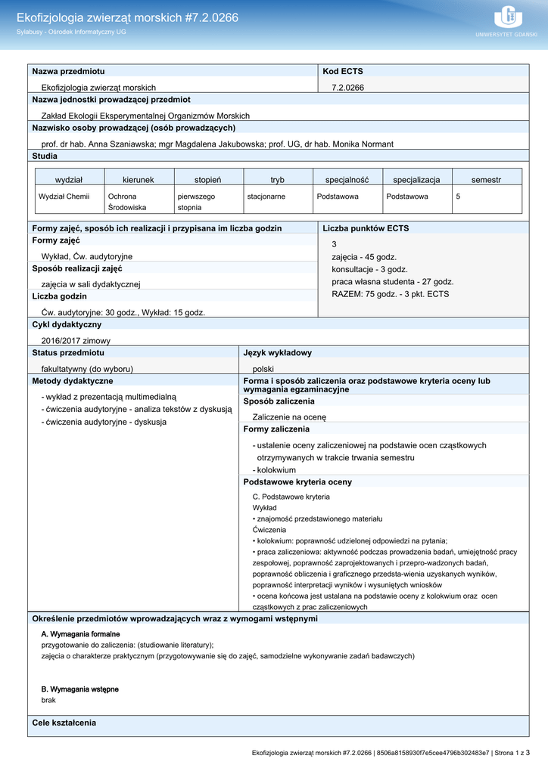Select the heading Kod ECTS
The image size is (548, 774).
point(343,71)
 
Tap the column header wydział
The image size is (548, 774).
point(69,180)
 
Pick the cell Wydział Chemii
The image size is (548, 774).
point(64,197)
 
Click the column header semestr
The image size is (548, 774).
point(486,180)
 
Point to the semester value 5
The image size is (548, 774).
point(458,197)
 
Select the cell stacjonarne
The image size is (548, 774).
point(266,197)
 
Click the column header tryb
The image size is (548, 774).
point(278,180)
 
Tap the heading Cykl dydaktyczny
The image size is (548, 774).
point(67,324)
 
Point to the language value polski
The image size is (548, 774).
point(263,369)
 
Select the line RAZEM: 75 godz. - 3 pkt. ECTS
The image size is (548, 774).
point(390,294)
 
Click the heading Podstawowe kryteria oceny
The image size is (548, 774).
point(297,481)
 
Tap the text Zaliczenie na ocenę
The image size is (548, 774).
point(289,416)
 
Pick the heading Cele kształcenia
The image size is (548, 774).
point(64,723)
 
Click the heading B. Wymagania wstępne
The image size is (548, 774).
point(79,689)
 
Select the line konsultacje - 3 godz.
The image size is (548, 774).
point(369,269)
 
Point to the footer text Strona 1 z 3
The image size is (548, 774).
point(511,753)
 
